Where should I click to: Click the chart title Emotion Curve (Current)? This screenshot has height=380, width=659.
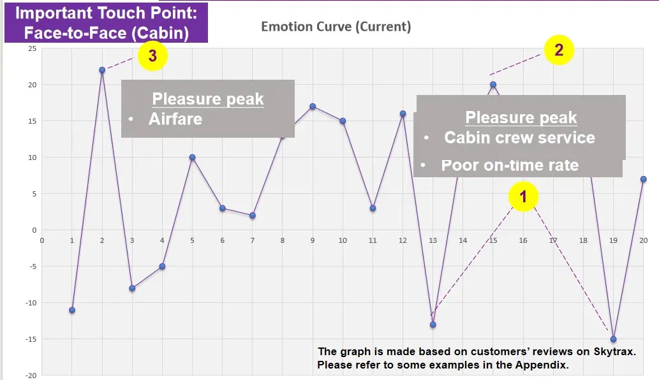(336, 27)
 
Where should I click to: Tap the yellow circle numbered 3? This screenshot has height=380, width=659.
(152, 55)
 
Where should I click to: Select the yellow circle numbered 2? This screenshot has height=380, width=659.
(559, 50)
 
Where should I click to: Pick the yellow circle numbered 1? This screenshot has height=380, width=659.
(523, 196)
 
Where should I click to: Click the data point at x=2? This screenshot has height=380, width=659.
(102, 70)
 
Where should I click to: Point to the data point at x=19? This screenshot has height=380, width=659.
(613, 339)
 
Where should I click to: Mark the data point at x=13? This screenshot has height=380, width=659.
(433, 325)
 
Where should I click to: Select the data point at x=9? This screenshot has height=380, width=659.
(313, 106)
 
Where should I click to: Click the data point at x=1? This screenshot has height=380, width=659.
(72, 311)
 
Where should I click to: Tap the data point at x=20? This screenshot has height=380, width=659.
(644, 179)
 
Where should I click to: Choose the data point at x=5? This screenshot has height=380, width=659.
(192, 157)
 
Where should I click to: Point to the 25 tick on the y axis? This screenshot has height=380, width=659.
(32, 48)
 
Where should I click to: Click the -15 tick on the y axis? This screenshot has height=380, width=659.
(31, 339)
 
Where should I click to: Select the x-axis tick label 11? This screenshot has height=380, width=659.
(373, 240)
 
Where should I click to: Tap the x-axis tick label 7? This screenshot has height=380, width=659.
(252, 240)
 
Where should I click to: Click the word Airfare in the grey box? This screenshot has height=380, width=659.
(175, 119)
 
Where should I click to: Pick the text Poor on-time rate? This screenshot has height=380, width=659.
(510, 165)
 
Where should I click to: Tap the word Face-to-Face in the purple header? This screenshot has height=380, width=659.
(75, 33)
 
